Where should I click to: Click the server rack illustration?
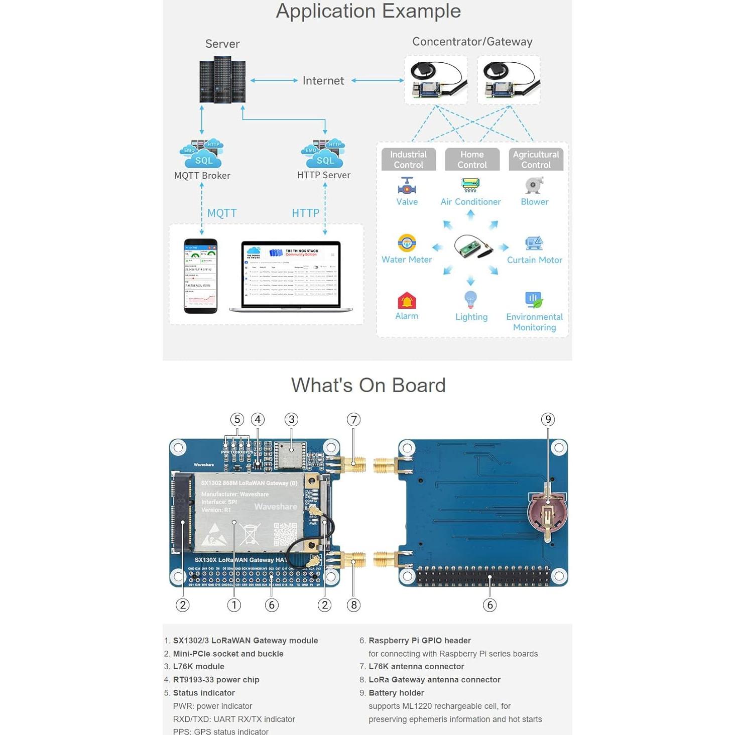coord(222,80)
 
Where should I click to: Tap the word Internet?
coord(323,81)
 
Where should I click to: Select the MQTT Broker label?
coord(202,176)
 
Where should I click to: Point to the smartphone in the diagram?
coord(201,276)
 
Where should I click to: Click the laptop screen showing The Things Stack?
coord(291,275)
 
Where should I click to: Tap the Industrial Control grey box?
coord(408,160)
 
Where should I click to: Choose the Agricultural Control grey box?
coord(536,160)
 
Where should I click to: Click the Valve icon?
coord(407,186)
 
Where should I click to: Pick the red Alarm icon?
coord(407,301)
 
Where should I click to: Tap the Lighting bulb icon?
coord(470,300)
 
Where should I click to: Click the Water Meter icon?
coord(407,243)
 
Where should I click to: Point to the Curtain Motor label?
coord(534,260)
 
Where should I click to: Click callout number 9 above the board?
coord(548,420)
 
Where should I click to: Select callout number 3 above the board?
coord(291,420)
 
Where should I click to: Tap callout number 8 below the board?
coord(354,605)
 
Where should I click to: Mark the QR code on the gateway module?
coord(285,534)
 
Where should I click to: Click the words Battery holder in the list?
coord(396,693)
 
